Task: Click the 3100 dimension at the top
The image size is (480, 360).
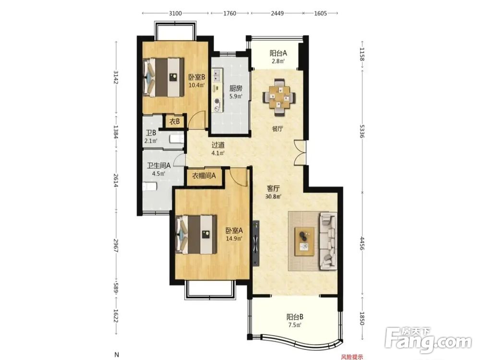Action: (x=175, y=13)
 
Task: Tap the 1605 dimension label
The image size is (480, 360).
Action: (x=321, y=13)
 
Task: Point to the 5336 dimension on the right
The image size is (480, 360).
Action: (x=361, y=131)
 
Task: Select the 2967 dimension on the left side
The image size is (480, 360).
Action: (x=116, y=245)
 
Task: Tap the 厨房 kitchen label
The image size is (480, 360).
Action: (x=236, y=88)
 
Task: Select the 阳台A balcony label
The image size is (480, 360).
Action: (x=278, y=53)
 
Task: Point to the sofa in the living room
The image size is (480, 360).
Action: (x=328, y=241)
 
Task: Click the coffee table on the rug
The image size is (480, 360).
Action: (x=304, y=241)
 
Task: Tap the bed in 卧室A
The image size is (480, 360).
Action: (x=196, y=234)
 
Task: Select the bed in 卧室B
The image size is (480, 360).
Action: (x=164, y=76)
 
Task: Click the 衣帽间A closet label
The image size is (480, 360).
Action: (x=204, y=176)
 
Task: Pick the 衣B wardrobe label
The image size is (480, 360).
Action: (x=175, y=121)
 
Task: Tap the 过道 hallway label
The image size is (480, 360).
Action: (x=218, y=144)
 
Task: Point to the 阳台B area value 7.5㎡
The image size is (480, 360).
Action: (x=295, y=325)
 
